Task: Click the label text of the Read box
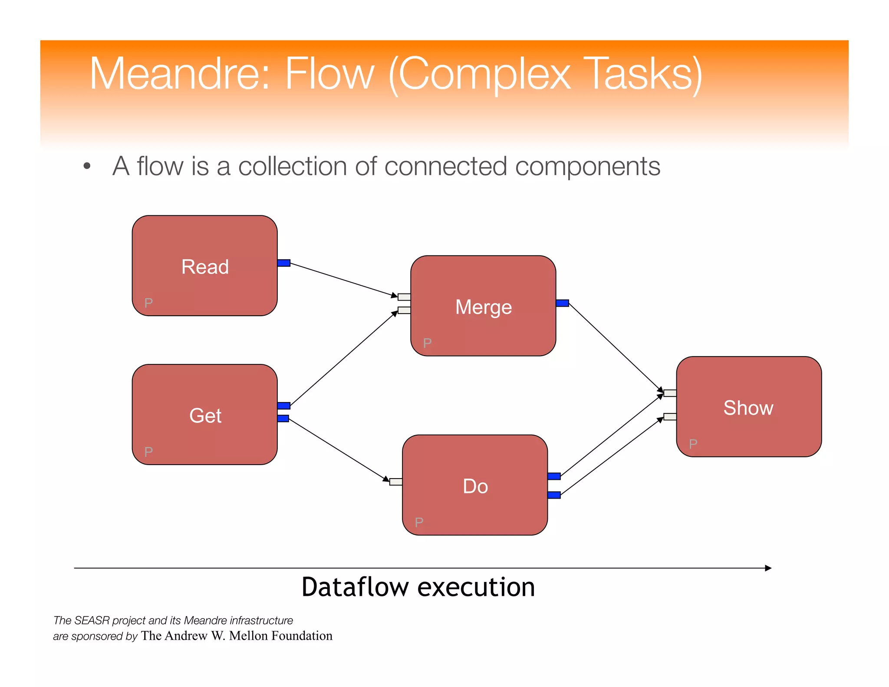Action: pos(205,267)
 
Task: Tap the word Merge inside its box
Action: pos(483,307)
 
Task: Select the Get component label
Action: pos(205,416)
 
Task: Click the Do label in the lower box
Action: pos(475,486)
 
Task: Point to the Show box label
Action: pos(748,408)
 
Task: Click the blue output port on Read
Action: pos(283,263)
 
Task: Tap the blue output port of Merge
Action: pos(562,303)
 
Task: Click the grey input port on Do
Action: pos(396,482)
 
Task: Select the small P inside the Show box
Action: pos(693,444)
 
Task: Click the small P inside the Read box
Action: pos(148,303)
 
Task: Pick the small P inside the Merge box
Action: pos(427,343)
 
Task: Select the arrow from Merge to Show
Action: pos(614,346)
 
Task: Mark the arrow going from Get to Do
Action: pos(339,450)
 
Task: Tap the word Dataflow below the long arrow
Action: pos(355,587)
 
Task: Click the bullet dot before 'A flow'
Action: pos(87,166)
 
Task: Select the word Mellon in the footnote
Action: pos(248,636)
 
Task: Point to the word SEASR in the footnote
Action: pos(92,620)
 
